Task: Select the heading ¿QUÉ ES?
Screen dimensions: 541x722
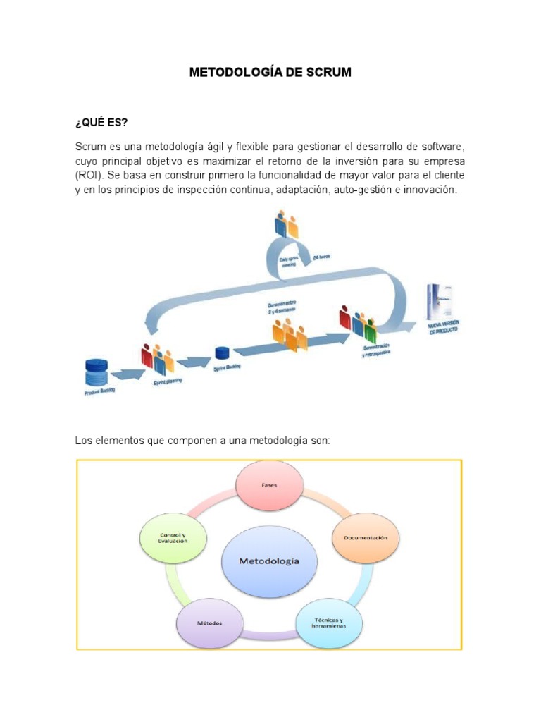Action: (101, 123)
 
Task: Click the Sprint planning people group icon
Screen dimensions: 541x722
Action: (158, 359)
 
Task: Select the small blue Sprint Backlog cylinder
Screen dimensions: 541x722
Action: (223, 353)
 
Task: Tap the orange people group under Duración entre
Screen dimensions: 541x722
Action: (290, 332)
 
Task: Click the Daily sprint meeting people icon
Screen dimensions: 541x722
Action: (287, 224)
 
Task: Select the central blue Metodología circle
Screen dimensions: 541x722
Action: (269, 561)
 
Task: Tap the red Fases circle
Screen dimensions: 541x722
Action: (268, 486)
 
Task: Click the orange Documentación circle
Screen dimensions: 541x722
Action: (366, 537)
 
